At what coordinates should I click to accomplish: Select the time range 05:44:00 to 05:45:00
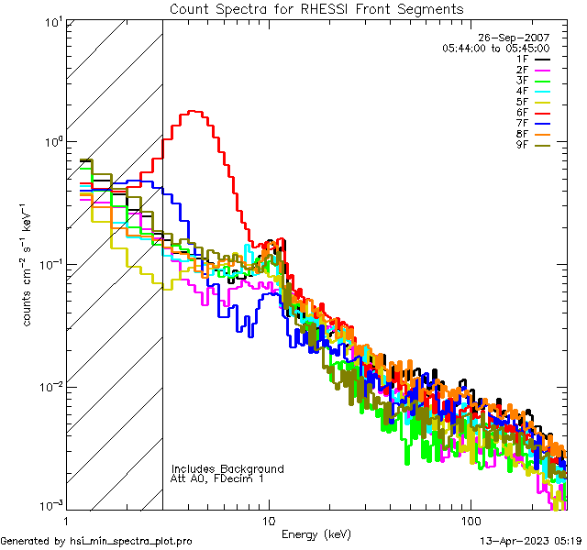click(x=495, y=48)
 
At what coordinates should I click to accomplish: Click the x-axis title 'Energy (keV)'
click(x=316, y=533)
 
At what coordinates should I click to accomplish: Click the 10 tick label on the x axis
click(x=268, y=520)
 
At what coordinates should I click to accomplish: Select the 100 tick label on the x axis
click(x=470, y=520)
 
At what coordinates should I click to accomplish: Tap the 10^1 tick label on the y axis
click(x=50, y=20)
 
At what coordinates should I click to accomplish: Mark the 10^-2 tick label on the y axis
click(x=48, y=386)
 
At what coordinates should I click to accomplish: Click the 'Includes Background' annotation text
click(x=227, y=468)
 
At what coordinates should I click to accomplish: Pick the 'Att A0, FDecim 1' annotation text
click(x=217, y=478)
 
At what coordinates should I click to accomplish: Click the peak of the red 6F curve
click(x=194, y=112)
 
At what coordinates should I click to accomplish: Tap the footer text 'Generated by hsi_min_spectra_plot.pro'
click(x=96, y=541)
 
